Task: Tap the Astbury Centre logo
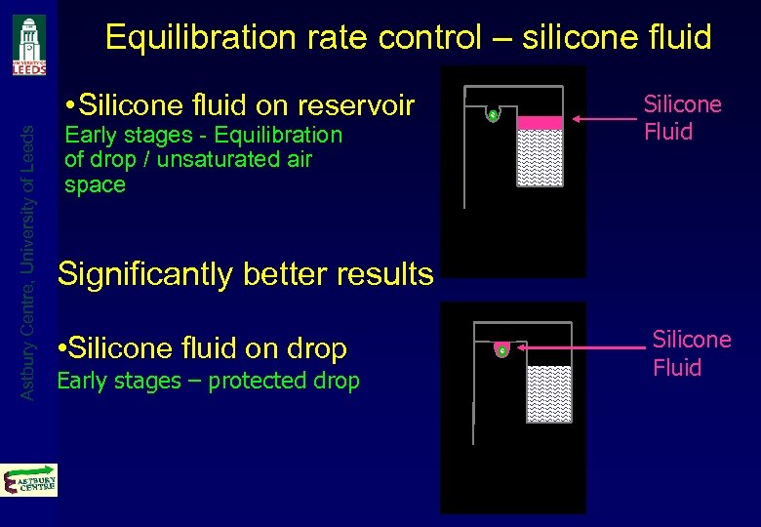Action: click(29, 480)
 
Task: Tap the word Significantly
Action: click(146, 274)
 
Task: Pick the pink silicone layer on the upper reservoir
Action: click(540, 123)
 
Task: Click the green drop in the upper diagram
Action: click(494, 116)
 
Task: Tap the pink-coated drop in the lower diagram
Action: click(501, 348)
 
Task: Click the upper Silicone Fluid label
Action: click(682, 118)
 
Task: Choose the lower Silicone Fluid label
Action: click(691, 353)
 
